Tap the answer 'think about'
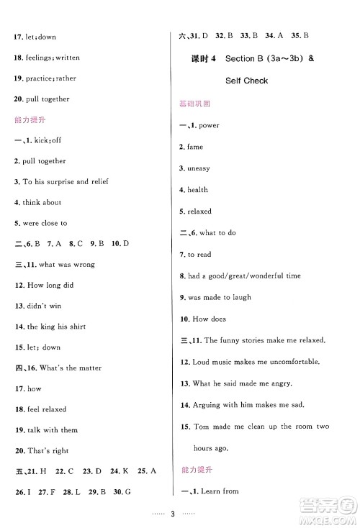click(x=42, y=203)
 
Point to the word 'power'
click(x=209, y=126)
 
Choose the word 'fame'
click(x=196, y=147)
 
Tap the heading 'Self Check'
click(x=246, y=81)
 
